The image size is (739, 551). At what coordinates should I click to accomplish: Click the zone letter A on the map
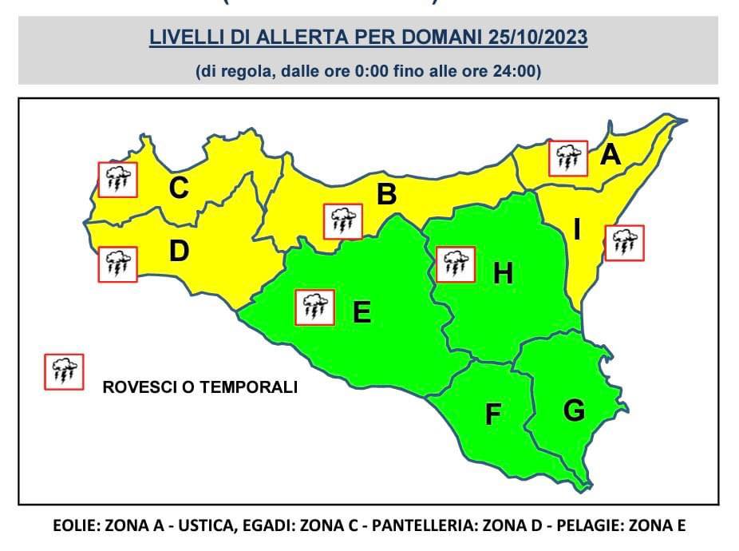(x=611, y=154)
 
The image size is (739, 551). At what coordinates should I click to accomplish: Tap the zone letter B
(x=386, y=194)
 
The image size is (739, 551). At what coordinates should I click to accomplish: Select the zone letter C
(x=179, y=188)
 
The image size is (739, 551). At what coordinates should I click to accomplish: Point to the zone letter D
(x=179, y=252)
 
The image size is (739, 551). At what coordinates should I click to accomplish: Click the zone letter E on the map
(x=362, y=312)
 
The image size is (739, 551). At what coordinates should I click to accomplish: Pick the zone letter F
(x=493, y=415)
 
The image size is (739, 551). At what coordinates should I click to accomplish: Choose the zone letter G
(x=574, y=410)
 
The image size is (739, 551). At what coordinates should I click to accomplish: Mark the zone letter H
(x=503, y=274)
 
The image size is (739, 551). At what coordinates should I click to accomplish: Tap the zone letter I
(x=576, y=231)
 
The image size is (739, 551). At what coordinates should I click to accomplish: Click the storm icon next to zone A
(x=567, y=158)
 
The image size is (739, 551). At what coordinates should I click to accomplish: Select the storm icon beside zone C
(x=117, y=180)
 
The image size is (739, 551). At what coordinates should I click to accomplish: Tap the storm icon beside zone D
(x=117, y=264)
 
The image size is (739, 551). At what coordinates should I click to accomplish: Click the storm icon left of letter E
(x=314, y=307)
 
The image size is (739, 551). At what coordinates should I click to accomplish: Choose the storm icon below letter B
(x=343, y=221)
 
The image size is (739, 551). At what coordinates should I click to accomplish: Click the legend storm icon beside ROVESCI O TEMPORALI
(x=64, y=371)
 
